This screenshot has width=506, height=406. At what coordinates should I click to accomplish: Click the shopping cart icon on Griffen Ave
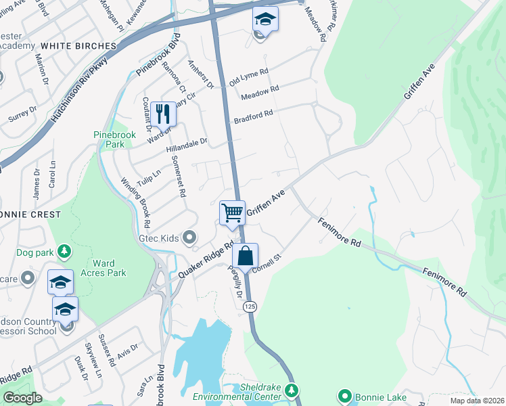tap(232, 212)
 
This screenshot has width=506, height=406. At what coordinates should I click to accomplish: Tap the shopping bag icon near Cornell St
tap(246, 256)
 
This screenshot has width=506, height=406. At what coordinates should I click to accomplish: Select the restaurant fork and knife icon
tap(162, 113)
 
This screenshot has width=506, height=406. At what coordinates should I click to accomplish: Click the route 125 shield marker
tap(250, 307)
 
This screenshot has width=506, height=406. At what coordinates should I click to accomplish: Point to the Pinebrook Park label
tap(114, 139)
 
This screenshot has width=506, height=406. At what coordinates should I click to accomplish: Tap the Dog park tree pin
tap(64, 252)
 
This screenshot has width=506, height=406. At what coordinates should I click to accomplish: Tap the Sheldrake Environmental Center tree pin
tap(292, 390)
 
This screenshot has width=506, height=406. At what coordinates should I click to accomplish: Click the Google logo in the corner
tap(22, 398)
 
